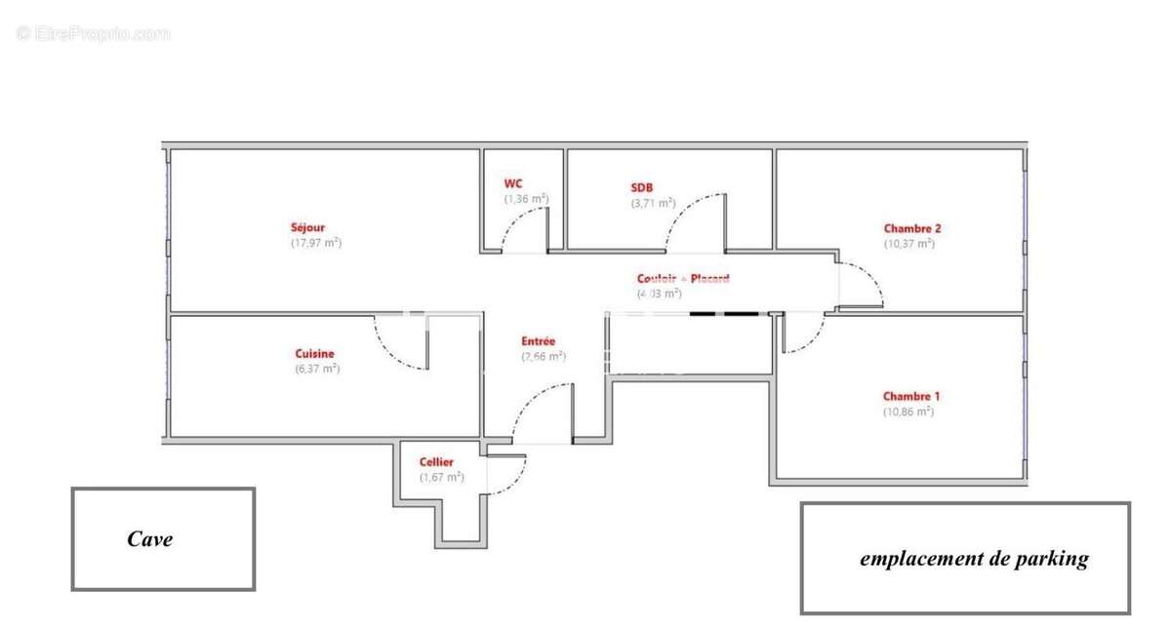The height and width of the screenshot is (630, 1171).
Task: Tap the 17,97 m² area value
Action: pos(316,243)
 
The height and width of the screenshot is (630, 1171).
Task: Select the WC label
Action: pos(513,183)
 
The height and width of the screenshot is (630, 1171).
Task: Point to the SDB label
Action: pos(642,188)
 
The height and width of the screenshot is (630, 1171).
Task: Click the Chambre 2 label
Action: pos(912,229)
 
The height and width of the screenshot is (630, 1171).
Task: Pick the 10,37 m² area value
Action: pos(909,244)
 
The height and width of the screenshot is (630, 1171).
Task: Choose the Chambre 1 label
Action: pos(911,397)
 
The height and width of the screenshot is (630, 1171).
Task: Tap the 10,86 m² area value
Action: pos(909,412)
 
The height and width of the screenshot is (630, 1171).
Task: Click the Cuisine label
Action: pos(315,354)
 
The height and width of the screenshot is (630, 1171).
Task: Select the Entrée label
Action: pos(538,341)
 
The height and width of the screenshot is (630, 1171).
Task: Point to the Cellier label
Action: pos(436,462)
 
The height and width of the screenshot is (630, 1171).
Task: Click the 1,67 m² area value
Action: pos(442,477)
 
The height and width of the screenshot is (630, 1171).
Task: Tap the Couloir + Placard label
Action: pos(683,278)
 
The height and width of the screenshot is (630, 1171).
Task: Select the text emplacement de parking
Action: pos(973,559)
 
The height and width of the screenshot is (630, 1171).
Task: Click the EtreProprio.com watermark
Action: pos(93,34)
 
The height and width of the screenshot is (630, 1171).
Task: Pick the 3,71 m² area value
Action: pos(653,203)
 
